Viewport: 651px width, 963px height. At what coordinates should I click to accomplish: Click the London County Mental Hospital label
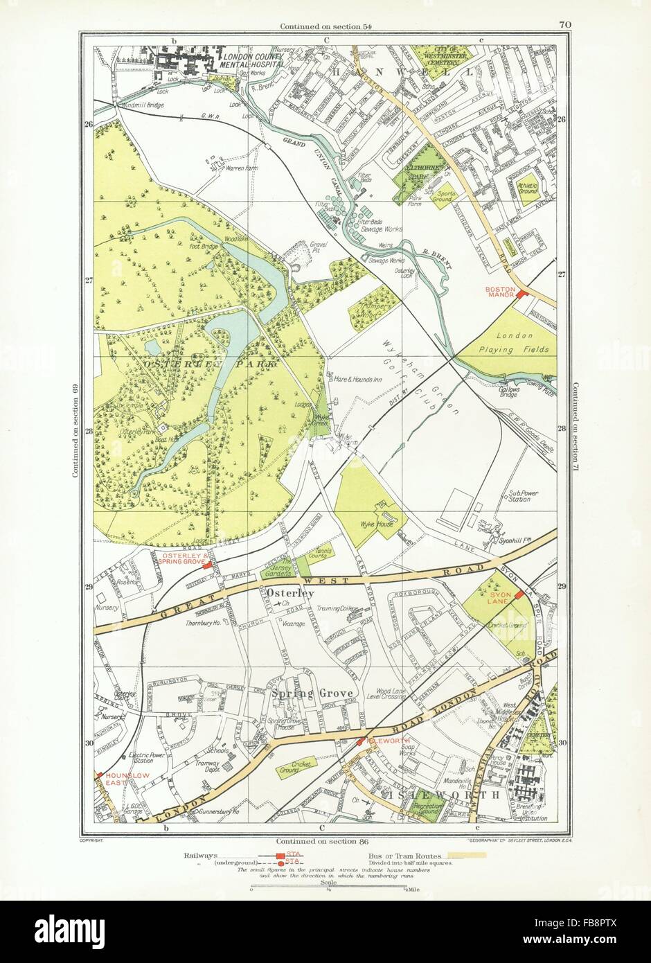click(254, 58)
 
